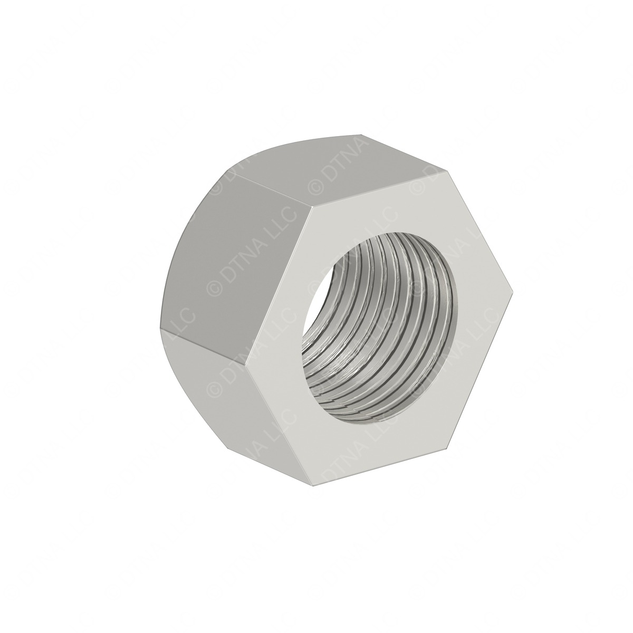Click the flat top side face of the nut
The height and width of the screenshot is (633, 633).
tap(338, 164)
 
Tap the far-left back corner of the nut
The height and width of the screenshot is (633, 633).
tap(159, 327)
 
